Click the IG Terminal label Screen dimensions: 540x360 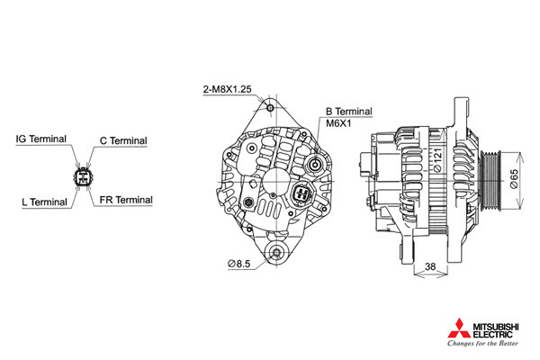(41, 139)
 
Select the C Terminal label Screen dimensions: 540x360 (123, 141)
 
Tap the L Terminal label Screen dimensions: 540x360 (44, 202)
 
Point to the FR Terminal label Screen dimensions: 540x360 (126, 200)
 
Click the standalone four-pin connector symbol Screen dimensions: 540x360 (83, 176)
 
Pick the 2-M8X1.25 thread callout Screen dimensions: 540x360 (228, 90)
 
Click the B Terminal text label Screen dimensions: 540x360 (349, 112)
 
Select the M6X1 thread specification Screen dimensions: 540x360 (338, 123)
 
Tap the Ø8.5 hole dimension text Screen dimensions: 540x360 (239, 264)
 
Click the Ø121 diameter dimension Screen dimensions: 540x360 (436, 160)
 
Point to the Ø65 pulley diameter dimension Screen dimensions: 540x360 (513, 178)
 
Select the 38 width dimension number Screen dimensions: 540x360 (430, 266)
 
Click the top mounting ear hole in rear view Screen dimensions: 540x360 (270, 108)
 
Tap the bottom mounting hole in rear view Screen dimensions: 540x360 (276, 253)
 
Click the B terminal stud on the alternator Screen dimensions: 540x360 (315, 165)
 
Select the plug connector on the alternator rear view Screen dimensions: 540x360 (302, 193)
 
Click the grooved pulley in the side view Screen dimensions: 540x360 (491, 178)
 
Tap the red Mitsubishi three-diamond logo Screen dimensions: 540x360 (459, 328)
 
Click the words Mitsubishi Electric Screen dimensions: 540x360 (496, 330)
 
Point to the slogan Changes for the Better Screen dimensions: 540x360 (482, 343)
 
